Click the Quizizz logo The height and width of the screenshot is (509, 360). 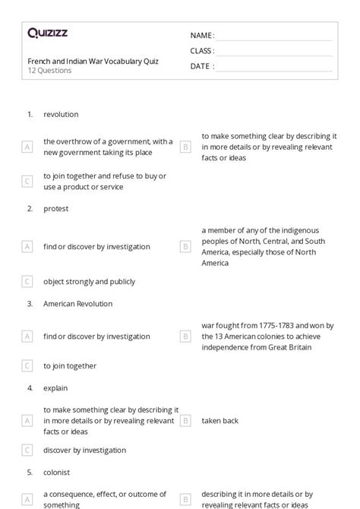tap(47, 33)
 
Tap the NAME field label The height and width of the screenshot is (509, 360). tap(201, 35)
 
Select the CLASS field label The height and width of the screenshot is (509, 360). tap(202, 51)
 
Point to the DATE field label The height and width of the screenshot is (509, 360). tap(201, 66)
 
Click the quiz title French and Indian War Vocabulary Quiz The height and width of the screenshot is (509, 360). tap(93, 62)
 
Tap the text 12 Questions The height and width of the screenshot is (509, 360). tap(50, 71)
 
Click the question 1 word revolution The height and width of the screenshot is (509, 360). tap(61, 115)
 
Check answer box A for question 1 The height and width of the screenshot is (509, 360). tap(27, 147)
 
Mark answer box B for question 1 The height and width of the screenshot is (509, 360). tap(185, 147)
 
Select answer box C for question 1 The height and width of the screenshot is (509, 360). tap(27, 181)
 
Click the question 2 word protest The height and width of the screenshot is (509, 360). tap(56, 209)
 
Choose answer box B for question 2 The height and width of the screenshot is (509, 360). tap(185, 246)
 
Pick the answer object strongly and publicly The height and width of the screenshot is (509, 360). tap(89, 281)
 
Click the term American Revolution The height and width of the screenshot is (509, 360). tap(77, 304)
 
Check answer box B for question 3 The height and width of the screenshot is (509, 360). tap(185, 336)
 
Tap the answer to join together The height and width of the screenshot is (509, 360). tap(70, 365)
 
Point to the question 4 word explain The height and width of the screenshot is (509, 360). tap(56, 387)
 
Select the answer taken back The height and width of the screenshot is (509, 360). tap(220, 420)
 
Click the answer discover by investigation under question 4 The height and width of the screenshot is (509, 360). tap(84, 451)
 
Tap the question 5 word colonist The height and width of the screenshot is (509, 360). tap(57, 472)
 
